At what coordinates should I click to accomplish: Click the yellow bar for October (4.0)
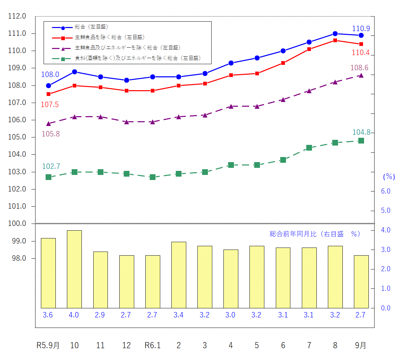pos(74,269)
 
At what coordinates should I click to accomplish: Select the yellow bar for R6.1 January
pos(152,282)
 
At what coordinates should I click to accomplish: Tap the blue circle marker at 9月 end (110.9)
pos(361,35)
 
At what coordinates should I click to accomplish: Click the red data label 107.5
pos(50,105)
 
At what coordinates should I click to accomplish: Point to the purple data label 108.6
pos(359,68)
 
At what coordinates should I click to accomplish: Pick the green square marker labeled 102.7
pos(48,177)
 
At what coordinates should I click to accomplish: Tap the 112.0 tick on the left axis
pos(17,16)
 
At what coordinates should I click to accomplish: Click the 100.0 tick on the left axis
pos(17,224)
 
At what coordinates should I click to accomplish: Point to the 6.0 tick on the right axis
pos(386,191)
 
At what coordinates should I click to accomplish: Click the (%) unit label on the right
pos(389,177)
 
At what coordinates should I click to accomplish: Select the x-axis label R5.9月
pos(48,345)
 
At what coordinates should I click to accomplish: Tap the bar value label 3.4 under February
pos(178,315)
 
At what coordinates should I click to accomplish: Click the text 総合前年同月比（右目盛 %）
pos(315,234)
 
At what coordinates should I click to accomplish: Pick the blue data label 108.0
pos(50,75)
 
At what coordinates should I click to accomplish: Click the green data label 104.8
pos(361,132)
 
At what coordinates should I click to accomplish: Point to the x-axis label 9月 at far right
pos(361,345)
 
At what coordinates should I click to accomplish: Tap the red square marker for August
pos(335,41)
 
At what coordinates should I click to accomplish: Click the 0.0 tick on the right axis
pos(386,308)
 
